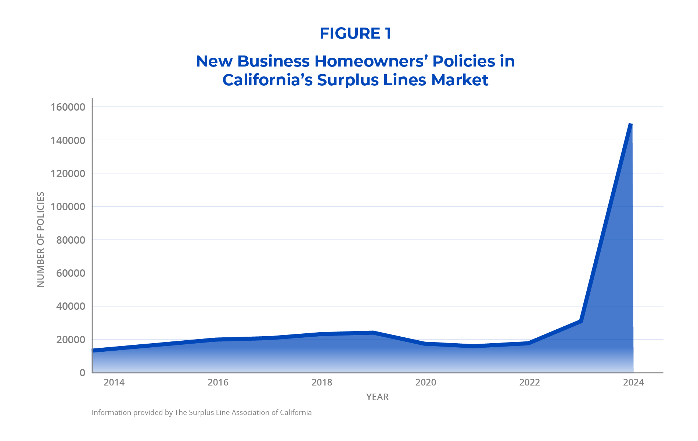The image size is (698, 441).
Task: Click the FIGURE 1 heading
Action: tap(355, 33)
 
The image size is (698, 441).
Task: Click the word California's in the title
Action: tap(267, 80)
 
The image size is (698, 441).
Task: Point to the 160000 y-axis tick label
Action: tap(68, 107)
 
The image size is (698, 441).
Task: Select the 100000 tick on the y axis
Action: tap(68, 207)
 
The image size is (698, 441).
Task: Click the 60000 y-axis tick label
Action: tap(71, 273)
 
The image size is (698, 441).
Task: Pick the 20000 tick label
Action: tap(71, 340)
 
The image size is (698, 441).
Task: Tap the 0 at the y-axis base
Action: tap(82, 373)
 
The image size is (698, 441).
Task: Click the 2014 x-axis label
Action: tap(114, 383)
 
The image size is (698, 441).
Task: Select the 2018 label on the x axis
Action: tap(322, 383)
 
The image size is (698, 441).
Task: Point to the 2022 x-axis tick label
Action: tap(529, 383)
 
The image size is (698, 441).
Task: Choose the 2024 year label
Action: tap(633, 383)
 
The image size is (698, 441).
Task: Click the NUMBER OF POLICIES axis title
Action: tap(41, 239)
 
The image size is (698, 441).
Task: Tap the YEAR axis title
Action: tap(377, 397)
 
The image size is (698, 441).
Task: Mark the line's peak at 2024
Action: tap(631, 125)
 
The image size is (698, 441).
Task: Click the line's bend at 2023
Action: tap(581, 321)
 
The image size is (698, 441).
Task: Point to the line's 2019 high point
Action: tap(373, 333)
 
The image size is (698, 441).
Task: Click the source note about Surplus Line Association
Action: tap(201, 413)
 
